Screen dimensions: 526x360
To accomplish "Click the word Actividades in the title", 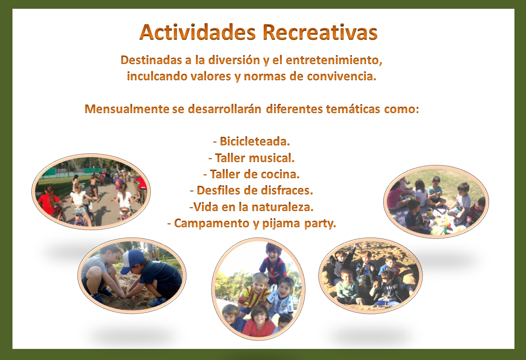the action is tap(198, 32).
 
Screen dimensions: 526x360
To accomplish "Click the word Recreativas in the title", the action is tap(320, 32).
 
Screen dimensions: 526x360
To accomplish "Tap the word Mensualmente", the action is tap(127, 109).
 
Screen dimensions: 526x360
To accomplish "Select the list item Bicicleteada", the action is tap(252, 141).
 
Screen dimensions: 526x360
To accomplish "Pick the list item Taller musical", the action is tap(251, 158).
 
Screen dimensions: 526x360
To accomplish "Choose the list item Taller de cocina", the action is tap(251, 174).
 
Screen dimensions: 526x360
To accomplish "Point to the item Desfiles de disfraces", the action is tap(251, 190).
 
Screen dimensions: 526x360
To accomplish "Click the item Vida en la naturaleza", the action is tap(251, 207).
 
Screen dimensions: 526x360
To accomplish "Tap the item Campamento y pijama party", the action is tap(252, 223).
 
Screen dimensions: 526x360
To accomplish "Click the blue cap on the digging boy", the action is tap(132, 261).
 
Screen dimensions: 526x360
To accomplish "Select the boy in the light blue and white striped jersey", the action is tap(281, 295).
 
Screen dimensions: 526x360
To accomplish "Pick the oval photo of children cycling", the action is tap(91, 192).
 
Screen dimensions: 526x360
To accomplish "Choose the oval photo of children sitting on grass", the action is tap(436, 201).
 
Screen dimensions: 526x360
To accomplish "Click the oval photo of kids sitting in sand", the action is tap(370, 276).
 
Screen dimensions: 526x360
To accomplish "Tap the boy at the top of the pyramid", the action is tap(273, 262).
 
